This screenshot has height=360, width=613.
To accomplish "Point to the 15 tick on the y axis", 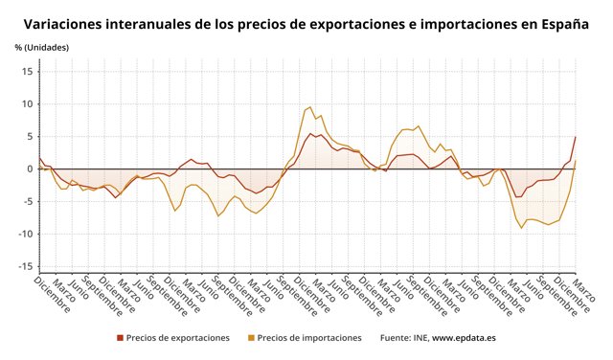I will click(x=28, y=71).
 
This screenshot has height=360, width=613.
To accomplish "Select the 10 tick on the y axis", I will click(x=28, y=103).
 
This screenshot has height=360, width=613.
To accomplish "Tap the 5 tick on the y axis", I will click(x=30, y=136).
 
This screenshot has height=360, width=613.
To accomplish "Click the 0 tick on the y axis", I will click(x=30, y=169).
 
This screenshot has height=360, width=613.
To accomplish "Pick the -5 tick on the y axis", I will click(x=28, y=201).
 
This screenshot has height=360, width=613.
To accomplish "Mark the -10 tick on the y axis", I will click(x=26, y=234).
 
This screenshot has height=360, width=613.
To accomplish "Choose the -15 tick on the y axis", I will click(x=26, y=266).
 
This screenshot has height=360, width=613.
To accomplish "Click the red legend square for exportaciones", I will click(x=120, y=338).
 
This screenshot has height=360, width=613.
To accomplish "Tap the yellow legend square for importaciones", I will click(x=251, y=338).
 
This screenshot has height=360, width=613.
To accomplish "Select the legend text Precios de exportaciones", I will click(x=178, y=338).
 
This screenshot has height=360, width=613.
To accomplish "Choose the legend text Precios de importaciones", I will click(x=309, y=338).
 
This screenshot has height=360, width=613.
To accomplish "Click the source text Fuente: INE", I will click(x=403, y=338).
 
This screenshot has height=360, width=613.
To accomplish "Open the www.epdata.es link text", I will click(x=464, y=338).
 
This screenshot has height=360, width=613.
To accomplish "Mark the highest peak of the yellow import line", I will click(x=309, y=106).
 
